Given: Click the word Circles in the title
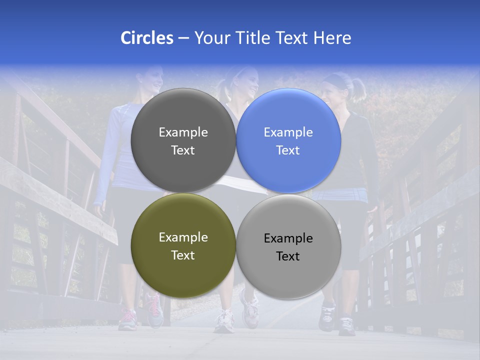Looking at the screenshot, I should pos(147,38).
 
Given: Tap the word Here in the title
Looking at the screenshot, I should pos(332,38).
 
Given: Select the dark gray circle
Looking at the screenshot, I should pos(183,140).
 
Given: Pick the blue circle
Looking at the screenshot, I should pos(288,140).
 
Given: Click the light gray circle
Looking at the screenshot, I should pos(288,246).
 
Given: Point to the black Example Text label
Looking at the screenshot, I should pos(288,247).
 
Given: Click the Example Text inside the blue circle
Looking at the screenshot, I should pos(288,141).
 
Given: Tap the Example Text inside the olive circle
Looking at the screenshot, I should pos(183,246).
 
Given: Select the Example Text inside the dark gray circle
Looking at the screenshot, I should pos(183,141).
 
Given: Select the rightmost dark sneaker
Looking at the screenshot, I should pos(346,325).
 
